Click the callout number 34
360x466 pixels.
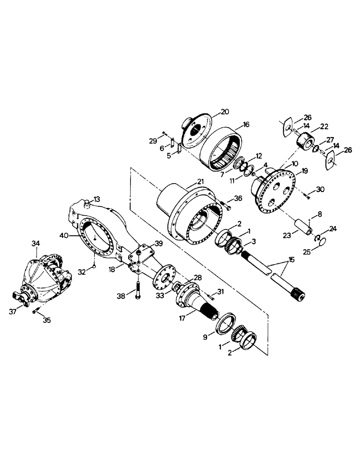tap(36, 243)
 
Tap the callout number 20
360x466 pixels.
tap(225, 111)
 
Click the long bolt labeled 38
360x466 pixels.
tap(138, 288)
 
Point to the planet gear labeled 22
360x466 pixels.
tap(305, 140)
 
